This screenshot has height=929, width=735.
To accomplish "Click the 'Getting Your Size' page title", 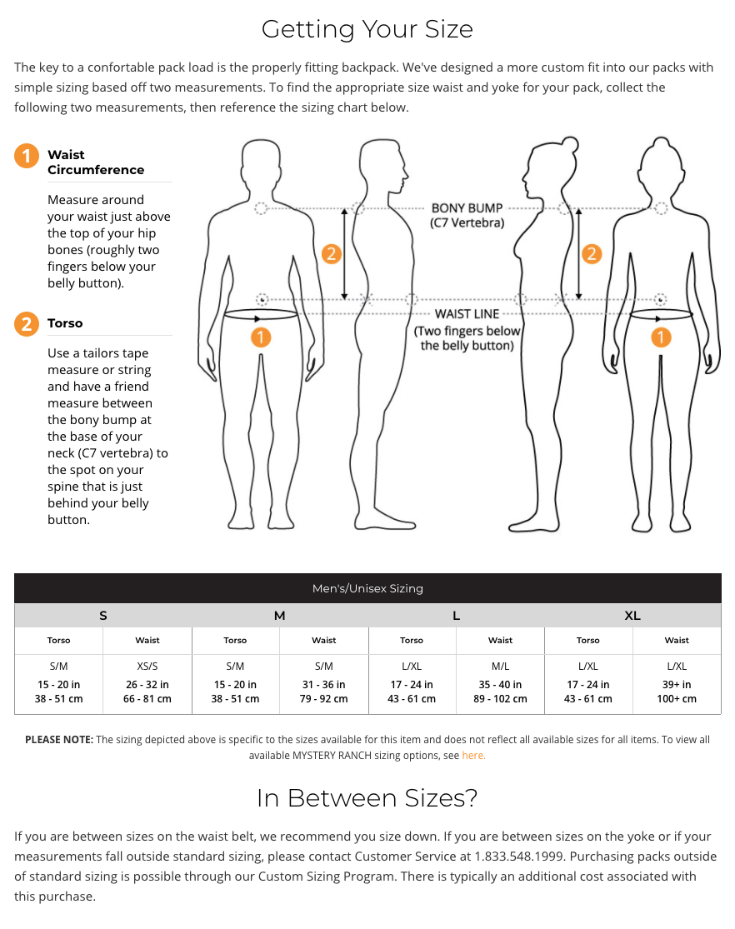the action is pyautogui.click(x=367, y=29).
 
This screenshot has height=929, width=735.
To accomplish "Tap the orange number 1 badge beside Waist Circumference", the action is pyautogui.click(x=27, y=156).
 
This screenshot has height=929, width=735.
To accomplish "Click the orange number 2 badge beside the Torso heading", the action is pyautogui.click(x=27, y=324).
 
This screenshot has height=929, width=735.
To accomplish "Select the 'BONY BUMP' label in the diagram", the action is pyautogui.click(x=467, y=208).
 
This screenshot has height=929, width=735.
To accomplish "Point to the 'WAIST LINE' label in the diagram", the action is pyautogui.click(x=467, y=314).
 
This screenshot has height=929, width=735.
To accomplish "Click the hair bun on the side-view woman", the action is pyautogui.click(x=570, y=144).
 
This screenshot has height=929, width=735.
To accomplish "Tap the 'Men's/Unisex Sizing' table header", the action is pyautogui.click(x=367, y=588).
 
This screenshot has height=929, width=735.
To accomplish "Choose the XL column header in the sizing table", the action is pyautogui.click(x=632, y=616).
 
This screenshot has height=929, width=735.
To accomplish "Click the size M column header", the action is pyautogui.click(x=280, y=616).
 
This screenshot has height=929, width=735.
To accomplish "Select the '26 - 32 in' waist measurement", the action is pyautogui.click(x=147, y=684).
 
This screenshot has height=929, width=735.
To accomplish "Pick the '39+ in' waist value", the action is pyautogui.click(x=677, y=684).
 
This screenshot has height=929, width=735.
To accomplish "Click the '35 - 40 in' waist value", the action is pyautogui.click(x=500, y=684).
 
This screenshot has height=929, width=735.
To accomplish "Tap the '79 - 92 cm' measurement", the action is pyautogui.click(x=323, y=698).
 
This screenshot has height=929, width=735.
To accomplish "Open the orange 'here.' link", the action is pyautogui.click(x=473, y=756).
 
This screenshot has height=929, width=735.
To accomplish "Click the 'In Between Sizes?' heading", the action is pyautogui.click(x=367, y=798).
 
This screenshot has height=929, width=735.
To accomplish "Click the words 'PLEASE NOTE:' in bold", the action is pyautogui.click(x=59, y=739).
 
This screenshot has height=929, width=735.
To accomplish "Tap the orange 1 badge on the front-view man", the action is pyautogui.click(x=261, y=337).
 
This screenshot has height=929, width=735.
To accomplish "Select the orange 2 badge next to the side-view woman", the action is pyautogui.click(x=592, y=254).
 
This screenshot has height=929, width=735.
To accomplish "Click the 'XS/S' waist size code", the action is pyautogui.click(x=147, y=666).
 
